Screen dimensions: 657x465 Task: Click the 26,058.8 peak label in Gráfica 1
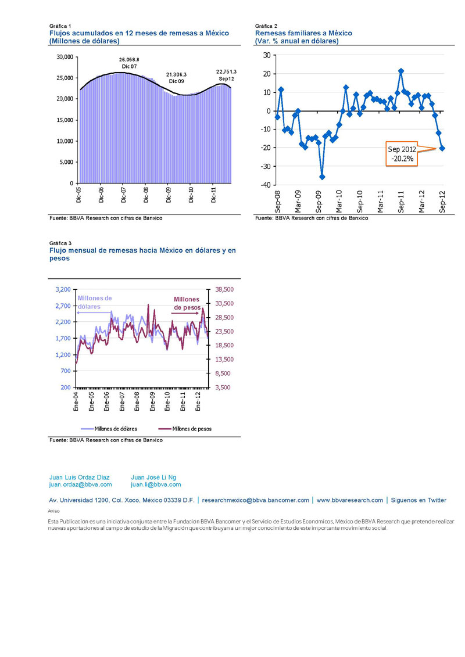tap(129, 60)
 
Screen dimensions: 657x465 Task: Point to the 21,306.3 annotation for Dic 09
tap(176, 75)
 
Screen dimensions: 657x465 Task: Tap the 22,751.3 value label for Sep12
tap(226, 71)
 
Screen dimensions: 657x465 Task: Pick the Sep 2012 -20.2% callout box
tap(402, 155)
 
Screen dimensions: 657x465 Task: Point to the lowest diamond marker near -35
tap(322, 177)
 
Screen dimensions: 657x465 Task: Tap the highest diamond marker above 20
tap(401, 71)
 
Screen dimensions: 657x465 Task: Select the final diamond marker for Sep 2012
tap(442, 148)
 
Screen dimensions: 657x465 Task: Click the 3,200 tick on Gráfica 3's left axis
tap(62, 289)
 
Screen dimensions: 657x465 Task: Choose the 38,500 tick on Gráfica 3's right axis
tap(224, 289)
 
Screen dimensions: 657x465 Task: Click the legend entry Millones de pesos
tap(191, 429)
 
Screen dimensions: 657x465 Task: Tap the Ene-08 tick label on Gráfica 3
tap(137, 402)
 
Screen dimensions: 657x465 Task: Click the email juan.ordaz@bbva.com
tap(80, 484)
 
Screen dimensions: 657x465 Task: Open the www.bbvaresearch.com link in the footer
tap(350, 500)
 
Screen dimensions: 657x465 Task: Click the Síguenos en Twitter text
tap(419, 500)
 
